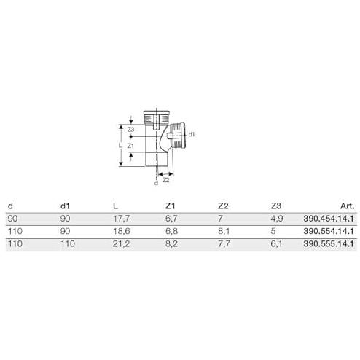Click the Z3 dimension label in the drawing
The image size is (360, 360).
[131, 130]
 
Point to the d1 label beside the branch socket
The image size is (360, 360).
[192, 134]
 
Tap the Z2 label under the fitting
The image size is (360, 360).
[166, 180]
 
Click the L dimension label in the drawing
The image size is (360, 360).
[120, 145]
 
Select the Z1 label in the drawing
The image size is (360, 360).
[130, 146]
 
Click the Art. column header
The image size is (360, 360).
[348, 206]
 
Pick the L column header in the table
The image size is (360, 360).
[115, 206]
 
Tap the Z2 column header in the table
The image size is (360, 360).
[223, 206]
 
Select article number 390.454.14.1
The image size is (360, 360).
[329, 219]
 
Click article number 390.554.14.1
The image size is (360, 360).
[329, 231]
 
